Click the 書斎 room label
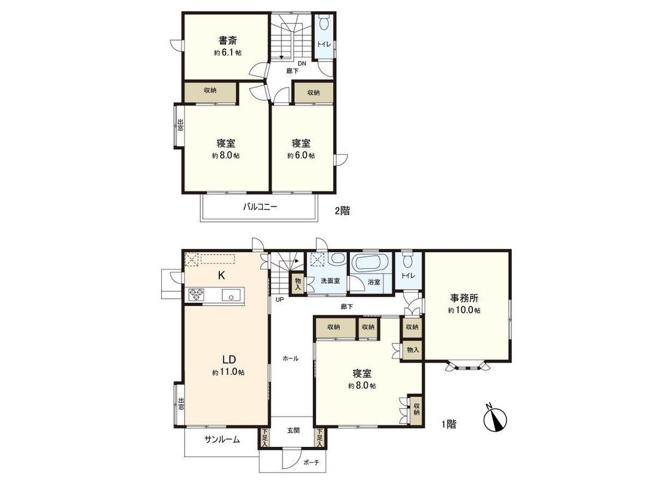point(226,41)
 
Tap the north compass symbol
point(495,419)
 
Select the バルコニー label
point(260,207)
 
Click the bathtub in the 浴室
point(370,264)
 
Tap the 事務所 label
point(465,298)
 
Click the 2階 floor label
point(342,210)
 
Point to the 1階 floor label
point(449,424)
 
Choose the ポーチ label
point(311,462)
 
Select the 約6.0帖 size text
point(300,155)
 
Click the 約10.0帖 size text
point(465,310)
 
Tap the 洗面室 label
point(330,281)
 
